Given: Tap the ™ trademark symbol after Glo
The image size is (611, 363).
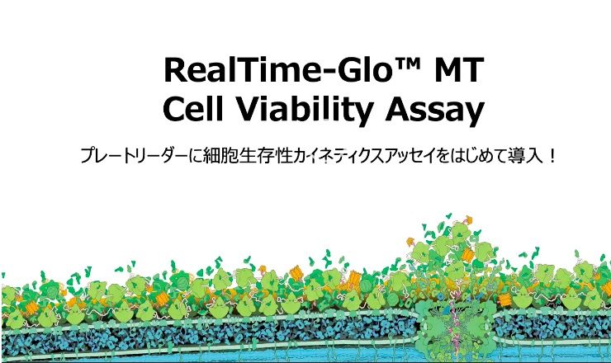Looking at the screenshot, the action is coord(407,64).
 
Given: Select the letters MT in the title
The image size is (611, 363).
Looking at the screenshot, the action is coord(459,70).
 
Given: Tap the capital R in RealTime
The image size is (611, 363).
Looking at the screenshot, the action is coord(175,70).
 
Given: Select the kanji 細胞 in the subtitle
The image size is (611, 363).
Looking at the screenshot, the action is coord(221,155).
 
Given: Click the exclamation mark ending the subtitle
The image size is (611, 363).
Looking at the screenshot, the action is coord(552,156).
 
